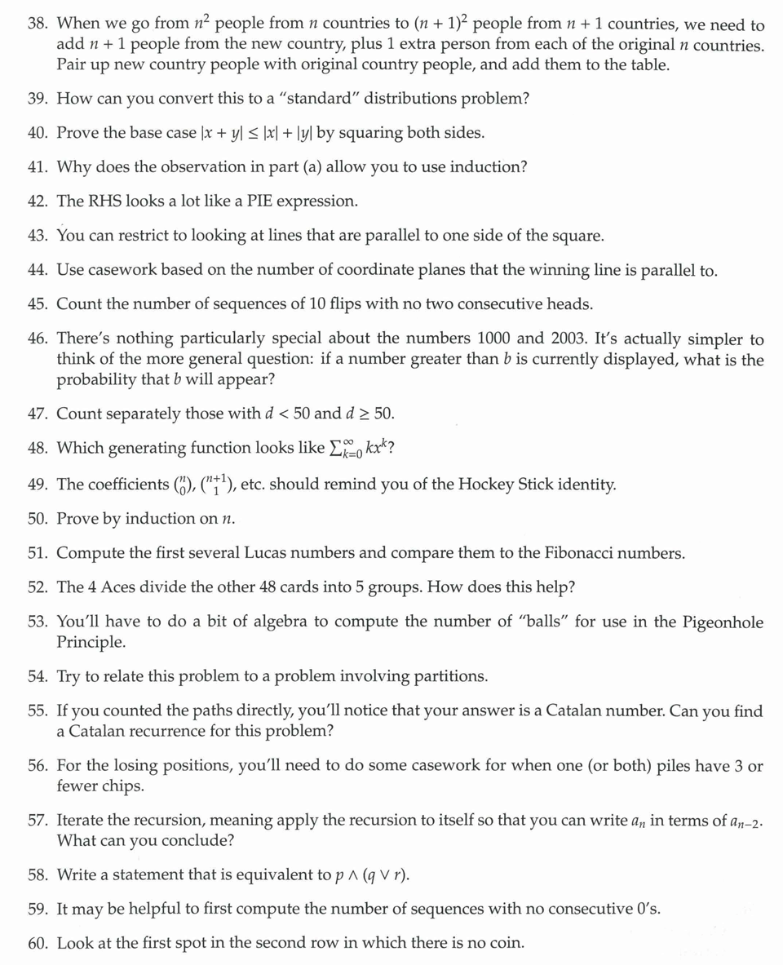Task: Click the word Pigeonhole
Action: [x=714, y=622]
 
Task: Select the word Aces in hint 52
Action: [x=126, y=587]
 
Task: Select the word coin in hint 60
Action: [x=503, y=943]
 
